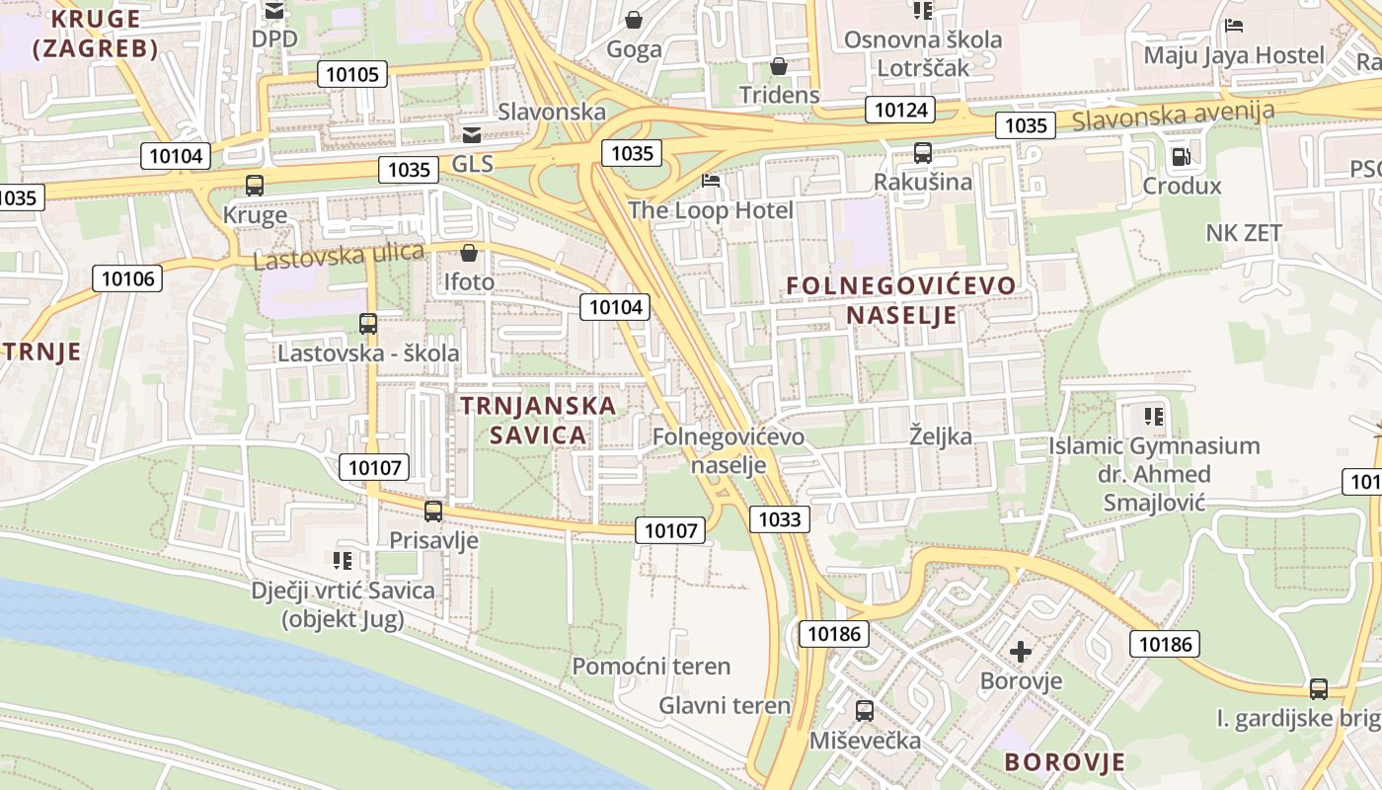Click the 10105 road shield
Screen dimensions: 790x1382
point(351,74)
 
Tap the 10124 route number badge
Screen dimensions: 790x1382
point(899,110)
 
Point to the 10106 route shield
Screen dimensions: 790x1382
point(127,278)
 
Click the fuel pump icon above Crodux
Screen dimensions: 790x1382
point(1180,156)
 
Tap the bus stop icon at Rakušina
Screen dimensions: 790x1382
point(923,153)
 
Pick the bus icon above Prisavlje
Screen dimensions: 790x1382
point(433,511)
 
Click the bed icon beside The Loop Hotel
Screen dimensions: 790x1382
point(711,181)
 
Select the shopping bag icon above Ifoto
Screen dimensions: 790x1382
point(469,253)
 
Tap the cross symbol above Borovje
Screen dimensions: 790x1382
point(1021,652)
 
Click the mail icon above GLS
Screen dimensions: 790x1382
point(472,134)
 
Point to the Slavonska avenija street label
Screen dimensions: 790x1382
point(1173,115)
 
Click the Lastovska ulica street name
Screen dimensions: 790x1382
point(340,256)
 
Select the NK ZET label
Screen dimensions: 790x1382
point(1244,233)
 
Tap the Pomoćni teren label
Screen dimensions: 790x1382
point(652,667)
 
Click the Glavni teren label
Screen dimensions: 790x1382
point(725,705)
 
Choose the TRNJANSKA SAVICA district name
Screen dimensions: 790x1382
point(538,420)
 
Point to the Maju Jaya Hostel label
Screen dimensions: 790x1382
point(1234,55)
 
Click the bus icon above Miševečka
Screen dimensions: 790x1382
point(865,710)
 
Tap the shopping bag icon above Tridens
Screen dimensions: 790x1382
point(779,66)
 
